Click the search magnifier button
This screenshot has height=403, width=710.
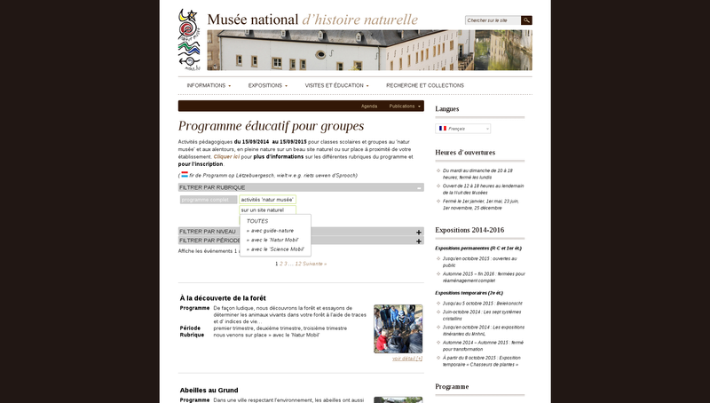coord(526,20)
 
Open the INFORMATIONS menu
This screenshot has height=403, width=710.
coord(208,85)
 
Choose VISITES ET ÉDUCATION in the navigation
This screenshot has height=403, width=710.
coord(336,85)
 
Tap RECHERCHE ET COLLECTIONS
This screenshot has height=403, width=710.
coord(425,85)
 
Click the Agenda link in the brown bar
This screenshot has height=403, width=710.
coord(369,106)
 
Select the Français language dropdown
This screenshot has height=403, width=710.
coord(462,129)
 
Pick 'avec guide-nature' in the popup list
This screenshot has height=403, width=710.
coord(270,230)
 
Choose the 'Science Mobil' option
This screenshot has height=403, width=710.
coord(275,249)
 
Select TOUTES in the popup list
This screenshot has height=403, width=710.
coord(256,221)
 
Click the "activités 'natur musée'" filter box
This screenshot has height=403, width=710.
coord(267,200)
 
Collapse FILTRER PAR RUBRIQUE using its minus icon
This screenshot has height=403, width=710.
coord(419,187)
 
